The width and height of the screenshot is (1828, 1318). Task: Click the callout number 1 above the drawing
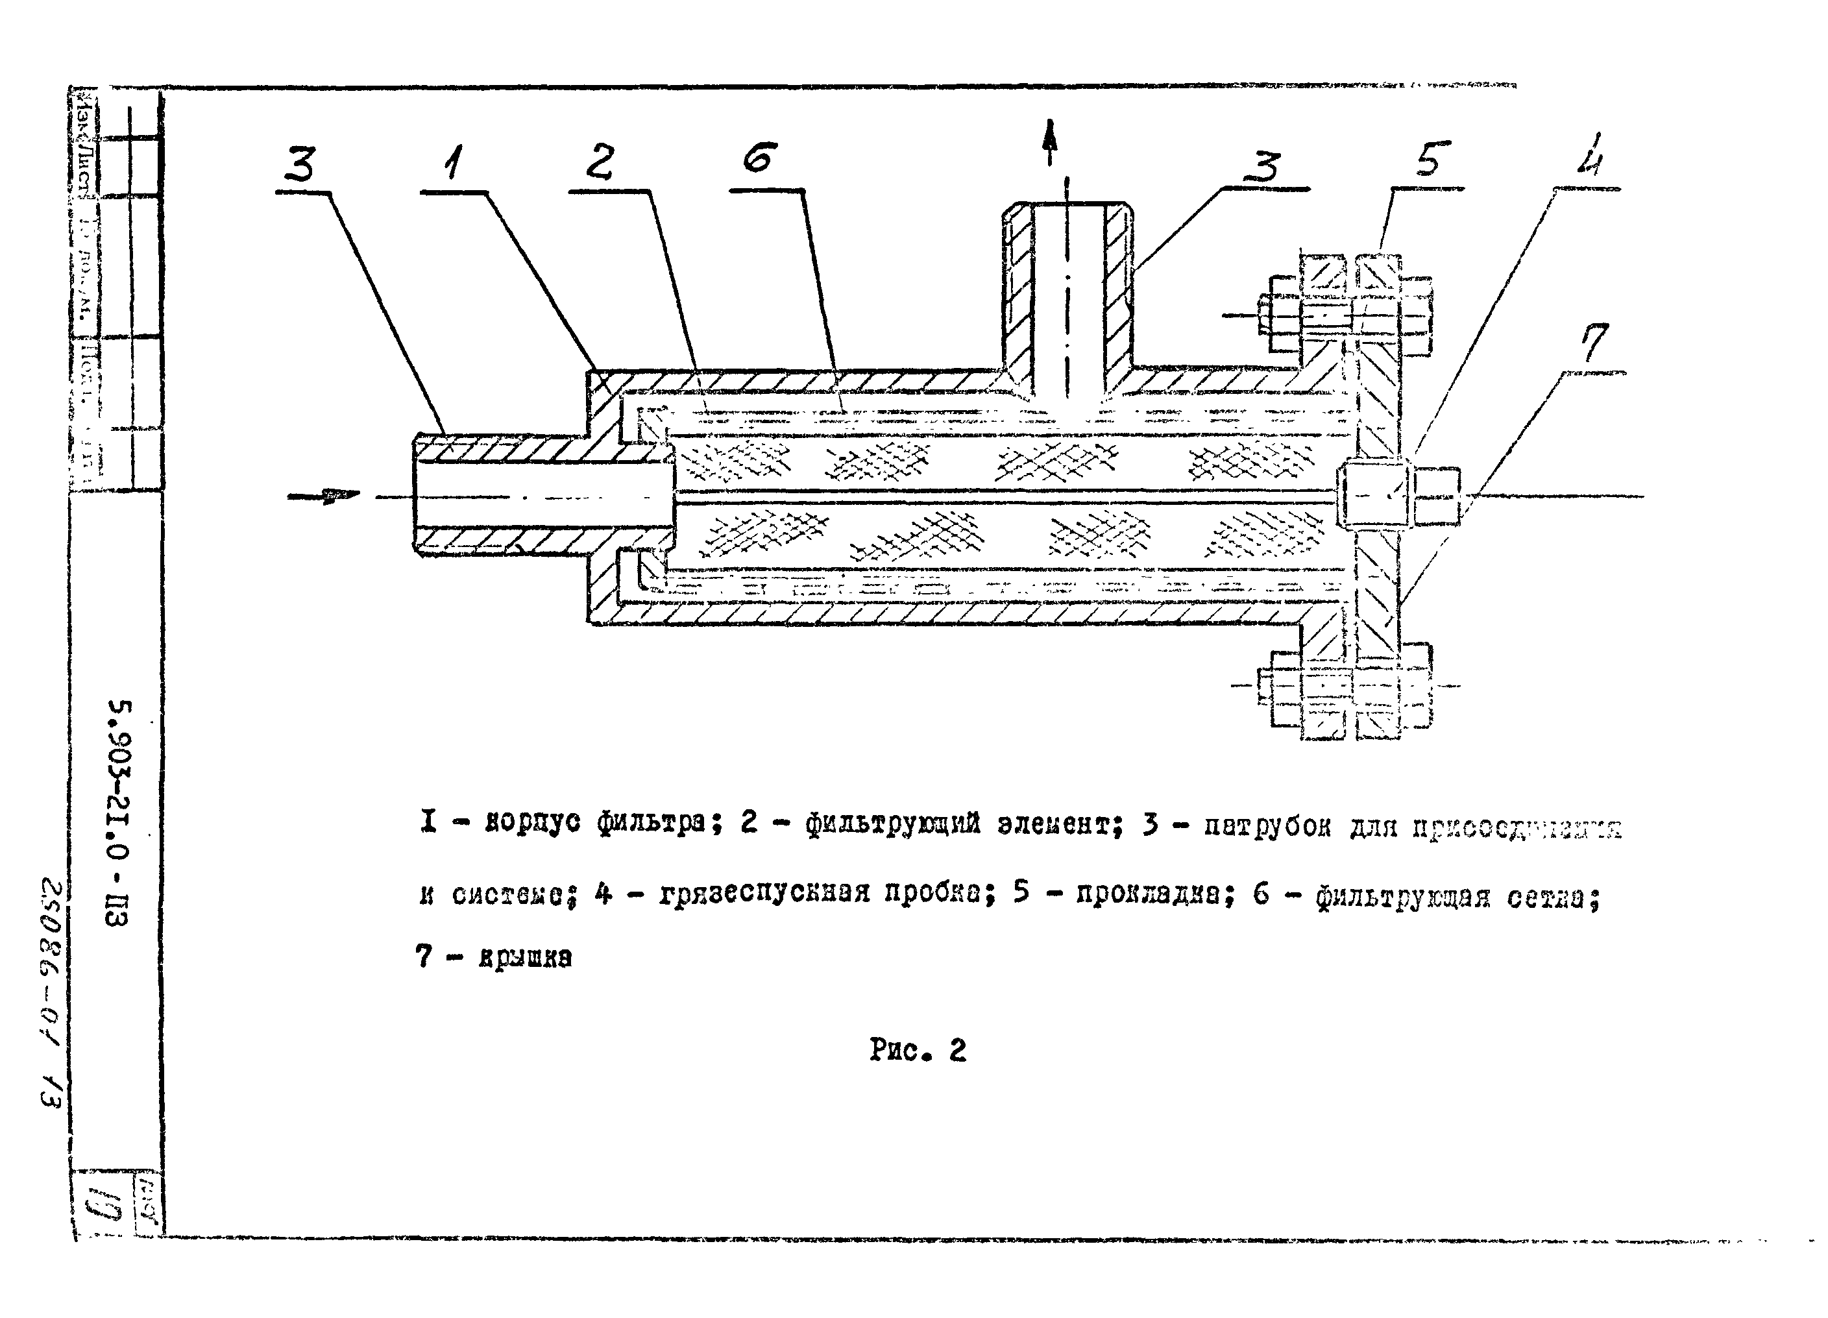tap(454, 164)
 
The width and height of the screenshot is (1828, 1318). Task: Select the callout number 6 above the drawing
tap(759, 158)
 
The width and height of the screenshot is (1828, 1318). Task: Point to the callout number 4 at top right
tap(1589, 156)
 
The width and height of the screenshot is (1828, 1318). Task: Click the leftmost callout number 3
tap(300, 166)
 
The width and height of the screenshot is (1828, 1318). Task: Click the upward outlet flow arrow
tap(1049, 143)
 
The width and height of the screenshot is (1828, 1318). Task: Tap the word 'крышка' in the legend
tap(525, 958)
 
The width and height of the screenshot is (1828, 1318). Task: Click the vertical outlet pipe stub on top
tap(1066, 290)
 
